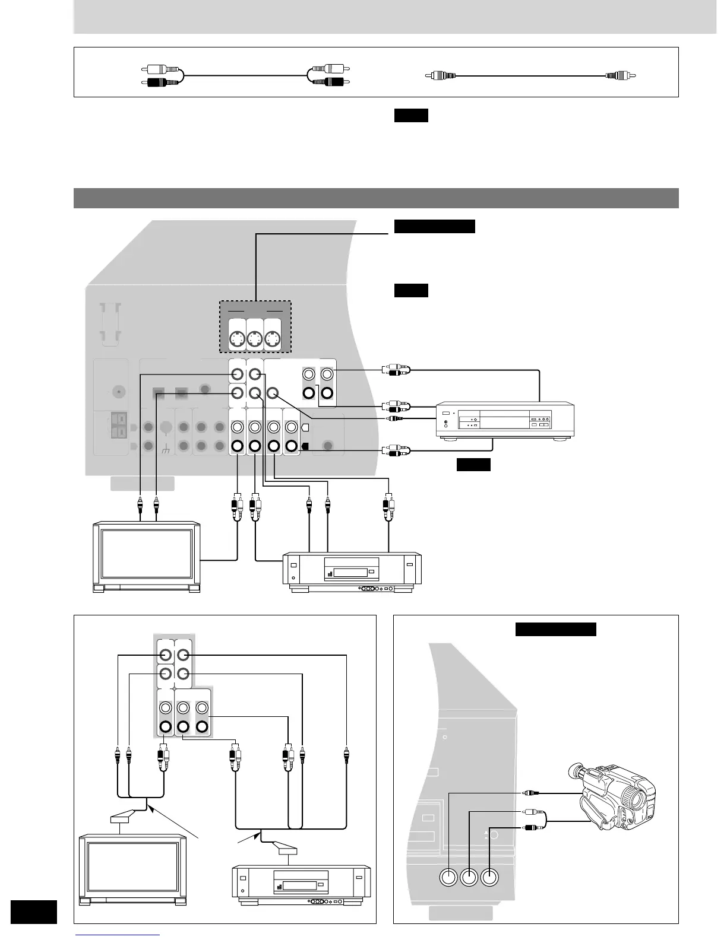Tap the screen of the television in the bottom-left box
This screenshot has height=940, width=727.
(x=133, y=868)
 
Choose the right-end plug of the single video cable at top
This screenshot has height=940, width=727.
(x=620, y=76)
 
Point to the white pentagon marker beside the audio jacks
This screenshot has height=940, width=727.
(x=305, y=428)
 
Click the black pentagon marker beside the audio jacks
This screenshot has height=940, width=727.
(x=305, y=446)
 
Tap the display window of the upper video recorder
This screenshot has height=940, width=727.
(x=351, y=573)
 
